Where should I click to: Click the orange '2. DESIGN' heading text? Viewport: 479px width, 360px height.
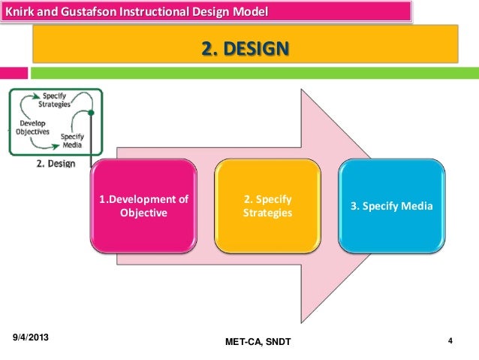[244, 50]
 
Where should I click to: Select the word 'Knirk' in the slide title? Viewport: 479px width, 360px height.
[20, 12]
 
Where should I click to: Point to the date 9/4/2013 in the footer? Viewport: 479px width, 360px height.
[35, 339]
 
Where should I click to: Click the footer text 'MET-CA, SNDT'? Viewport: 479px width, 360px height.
[257, 343]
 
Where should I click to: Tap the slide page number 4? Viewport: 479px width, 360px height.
[449, 341]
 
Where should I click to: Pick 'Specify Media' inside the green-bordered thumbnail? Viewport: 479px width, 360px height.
[72, 141]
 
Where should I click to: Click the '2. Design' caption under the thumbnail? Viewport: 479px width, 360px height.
[56, 163]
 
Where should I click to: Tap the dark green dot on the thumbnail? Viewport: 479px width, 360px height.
[91, 113]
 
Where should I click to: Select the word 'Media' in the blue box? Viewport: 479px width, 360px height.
[418, 205]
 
